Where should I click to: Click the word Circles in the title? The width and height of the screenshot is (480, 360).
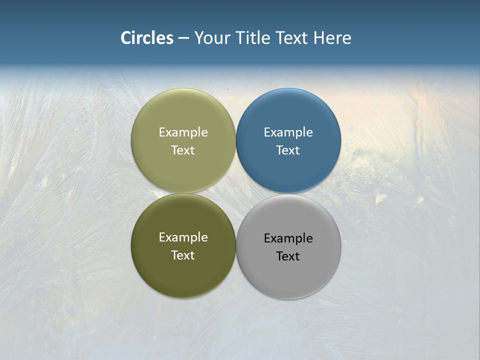tap(147, 38)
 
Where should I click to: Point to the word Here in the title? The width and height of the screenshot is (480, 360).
tap(332, 38)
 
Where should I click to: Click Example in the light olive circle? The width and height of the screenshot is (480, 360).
tap(183, 132)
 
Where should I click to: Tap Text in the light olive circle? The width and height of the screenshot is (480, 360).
tap(183, 150)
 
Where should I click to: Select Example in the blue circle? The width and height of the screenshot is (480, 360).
tap(288, 132)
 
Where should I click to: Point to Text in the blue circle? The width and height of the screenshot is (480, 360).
tap(288, 150)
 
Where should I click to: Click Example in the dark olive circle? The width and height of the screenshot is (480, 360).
tap(183, 237)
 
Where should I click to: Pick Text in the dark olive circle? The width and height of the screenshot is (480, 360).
tap(183, 255)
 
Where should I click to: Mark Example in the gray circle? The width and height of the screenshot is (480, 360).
tap(288, 238)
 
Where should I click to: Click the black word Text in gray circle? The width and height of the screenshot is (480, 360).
tap(288, 256)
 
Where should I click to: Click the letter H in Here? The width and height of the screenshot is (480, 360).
tap(319, 38)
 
